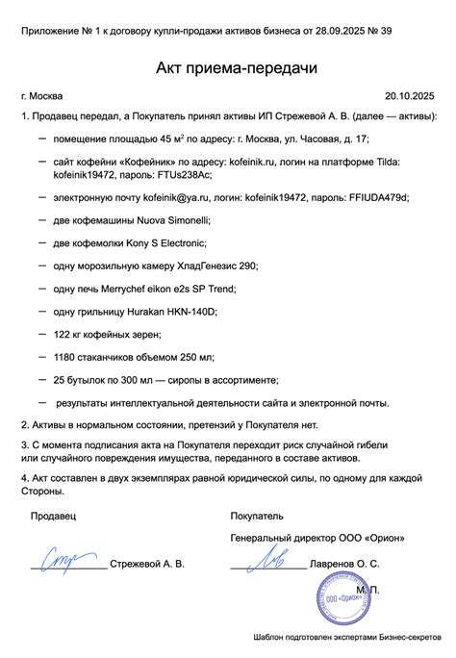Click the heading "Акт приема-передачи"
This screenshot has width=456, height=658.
pos(227,69)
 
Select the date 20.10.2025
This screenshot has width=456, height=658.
pos(411,96)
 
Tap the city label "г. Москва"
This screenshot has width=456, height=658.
pos(41,96)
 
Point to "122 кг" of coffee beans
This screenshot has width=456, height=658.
pos(70,334)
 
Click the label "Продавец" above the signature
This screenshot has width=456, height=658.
pos(53,516)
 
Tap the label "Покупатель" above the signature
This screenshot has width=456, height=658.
pos(257,516)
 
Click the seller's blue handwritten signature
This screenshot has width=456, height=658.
pos(67,556)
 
